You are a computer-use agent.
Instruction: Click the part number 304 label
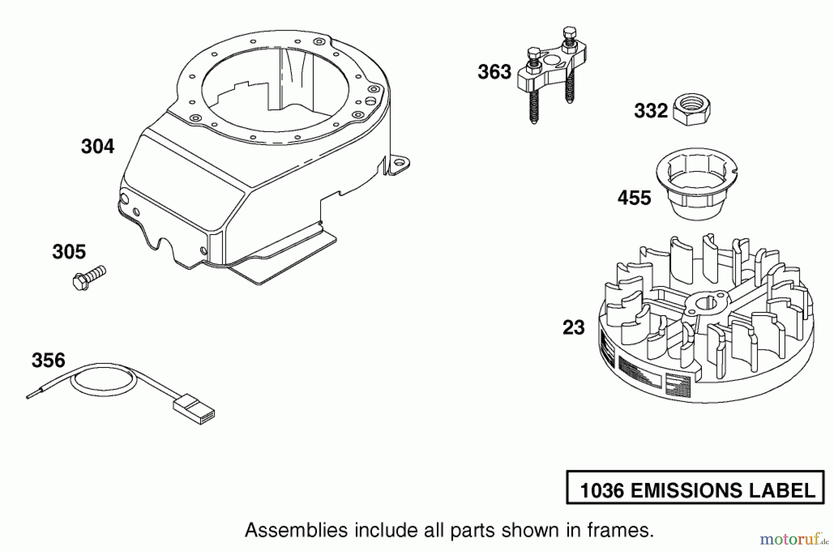tap(97, 146)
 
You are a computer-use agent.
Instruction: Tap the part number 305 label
tap(69, 252)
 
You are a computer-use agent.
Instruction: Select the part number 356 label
tap(48, 360)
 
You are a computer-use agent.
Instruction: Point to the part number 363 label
tap(494, 72)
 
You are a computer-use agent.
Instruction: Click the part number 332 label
tap(651, 111)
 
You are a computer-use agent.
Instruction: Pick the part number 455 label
tap(634, 198)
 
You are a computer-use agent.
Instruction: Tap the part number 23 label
tap(574, 328)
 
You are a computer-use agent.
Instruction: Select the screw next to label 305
tap(89, 278)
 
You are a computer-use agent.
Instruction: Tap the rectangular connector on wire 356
tap(194, 409)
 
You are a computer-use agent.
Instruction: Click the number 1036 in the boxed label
tap(603, 491)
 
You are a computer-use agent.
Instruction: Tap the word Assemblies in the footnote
tap(296, 530)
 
